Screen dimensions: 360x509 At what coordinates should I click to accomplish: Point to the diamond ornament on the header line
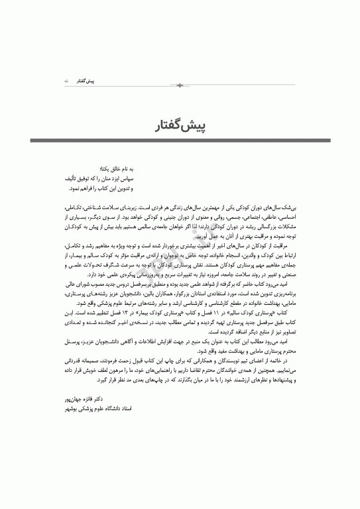coord(180,85)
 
